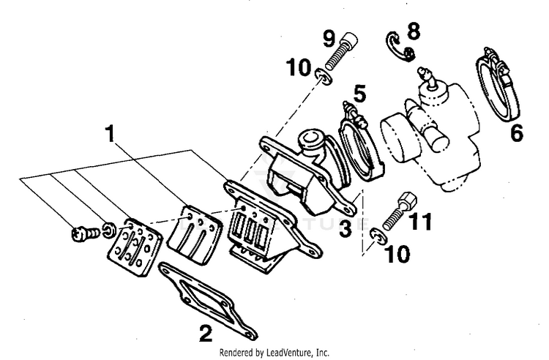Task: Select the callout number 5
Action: click(x=359, y=94)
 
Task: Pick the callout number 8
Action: click(x=414, y=31)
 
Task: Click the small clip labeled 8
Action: click(x=399, y=45)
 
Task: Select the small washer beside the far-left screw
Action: click(x=108, y=230)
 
